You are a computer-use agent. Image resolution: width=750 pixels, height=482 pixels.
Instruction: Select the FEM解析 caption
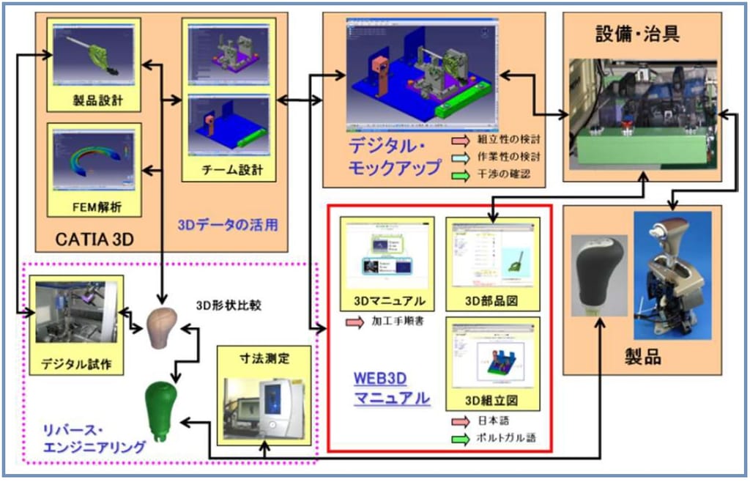(x=94, y=207)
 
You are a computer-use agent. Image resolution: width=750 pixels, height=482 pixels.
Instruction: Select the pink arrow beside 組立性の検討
(x=463, y=141)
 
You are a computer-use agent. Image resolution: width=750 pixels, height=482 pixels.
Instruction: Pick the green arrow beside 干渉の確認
(x=463, y=174)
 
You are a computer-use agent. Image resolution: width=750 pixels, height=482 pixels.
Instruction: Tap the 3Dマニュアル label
(x=387, y=300)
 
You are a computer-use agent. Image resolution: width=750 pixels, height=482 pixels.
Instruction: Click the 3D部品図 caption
(x=493, y=300)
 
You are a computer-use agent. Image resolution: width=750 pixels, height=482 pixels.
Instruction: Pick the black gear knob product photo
(x=598, y=272)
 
